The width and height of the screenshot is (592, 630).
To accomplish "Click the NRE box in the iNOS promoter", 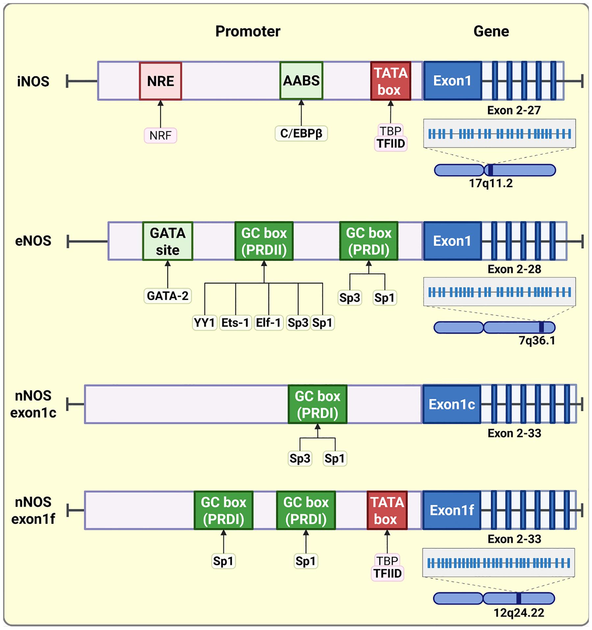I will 160,81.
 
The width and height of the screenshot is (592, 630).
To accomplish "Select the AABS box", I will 301,81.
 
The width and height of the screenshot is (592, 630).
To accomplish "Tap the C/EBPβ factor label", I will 301,133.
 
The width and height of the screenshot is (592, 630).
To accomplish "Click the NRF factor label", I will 160,135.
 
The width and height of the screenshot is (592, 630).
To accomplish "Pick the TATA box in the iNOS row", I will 390,81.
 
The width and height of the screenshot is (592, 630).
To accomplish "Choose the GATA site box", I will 168,241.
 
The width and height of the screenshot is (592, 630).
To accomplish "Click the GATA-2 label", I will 168,296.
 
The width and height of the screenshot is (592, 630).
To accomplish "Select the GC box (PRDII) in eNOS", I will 264,241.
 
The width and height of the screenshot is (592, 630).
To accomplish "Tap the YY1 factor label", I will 205,323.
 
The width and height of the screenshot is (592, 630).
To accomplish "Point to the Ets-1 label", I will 235,323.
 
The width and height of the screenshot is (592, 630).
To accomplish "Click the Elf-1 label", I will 268,323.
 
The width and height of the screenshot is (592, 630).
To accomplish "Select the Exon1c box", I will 452,404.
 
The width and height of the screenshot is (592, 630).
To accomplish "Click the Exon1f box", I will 452,510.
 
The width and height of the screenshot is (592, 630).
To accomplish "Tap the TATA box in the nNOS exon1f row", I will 387,510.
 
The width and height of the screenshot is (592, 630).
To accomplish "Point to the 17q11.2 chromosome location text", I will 491,183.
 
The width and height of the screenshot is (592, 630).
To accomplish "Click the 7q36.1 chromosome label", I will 537,340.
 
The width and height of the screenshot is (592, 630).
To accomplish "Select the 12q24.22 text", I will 519,613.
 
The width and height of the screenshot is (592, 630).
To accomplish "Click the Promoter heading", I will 248,31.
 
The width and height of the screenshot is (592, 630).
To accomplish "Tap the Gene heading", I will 491,31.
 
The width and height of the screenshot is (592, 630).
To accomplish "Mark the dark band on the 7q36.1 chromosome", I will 541,327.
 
